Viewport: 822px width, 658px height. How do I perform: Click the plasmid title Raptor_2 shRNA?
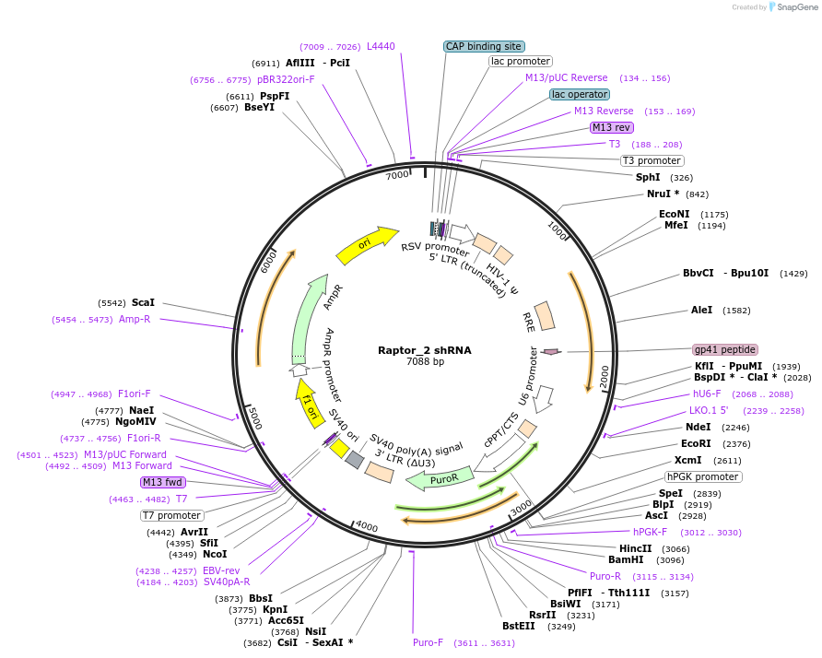424,350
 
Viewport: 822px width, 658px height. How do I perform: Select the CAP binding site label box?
484,46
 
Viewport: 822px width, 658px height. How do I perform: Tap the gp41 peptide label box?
725,350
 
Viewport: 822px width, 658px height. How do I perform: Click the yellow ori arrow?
367,243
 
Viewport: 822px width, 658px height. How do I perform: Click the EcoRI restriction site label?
697,443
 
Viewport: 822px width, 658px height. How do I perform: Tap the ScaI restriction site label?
143,302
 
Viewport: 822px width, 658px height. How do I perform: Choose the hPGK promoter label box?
703,476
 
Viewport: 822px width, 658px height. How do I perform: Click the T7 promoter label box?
171,515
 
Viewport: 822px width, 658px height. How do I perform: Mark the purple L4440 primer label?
381,46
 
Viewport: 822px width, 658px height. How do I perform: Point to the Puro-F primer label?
428,642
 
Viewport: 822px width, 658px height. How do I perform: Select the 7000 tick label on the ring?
397,175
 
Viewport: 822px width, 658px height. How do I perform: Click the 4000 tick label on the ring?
366,526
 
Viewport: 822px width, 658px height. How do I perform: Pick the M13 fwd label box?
163,482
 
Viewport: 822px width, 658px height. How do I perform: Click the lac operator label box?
579,94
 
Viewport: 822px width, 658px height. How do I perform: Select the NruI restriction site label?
663,194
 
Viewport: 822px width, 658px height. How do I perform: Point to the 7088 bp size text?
425,362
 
